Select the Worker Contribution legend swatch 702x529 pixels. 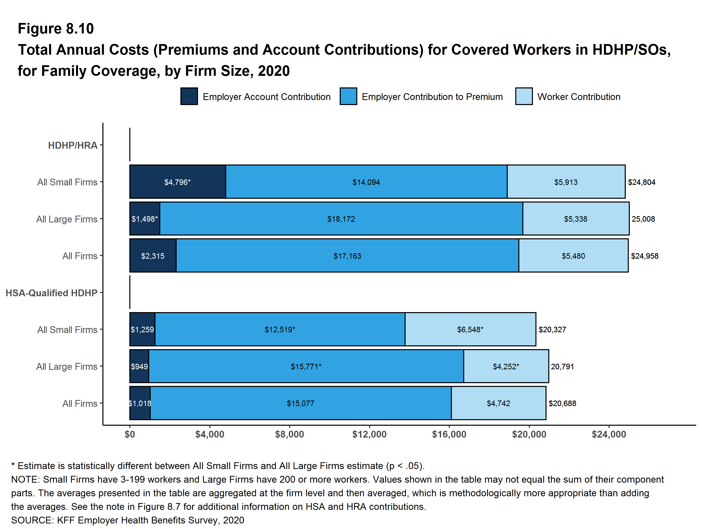(524, 96)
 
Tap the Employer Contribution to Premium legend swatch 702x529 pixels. (348, 96)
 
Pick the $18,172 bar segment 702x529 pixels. (341, 219)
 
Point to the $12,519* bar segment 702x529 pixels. (280, 329)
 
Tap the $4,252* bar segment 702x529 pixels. (506, 366)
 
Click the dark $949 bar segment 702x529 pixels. (139, 366)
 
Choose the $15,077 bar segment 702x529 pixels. (300, 403)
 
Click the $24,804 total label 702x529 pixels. (641, 182)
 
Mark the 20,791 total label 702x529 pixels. (562, 366)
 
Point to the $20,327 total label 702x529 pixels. (552, 329)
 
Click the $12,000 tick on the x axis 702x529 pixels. (369, 434)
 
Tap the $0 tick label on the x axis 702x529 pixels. (130, 434)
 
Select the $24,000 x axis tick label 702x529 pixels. (609, 434)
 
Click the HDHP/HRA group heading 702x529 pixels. (73, 145)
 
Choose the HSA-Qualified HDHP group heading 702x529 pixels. (51, 293)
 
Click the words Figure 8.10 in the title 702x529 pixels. (56, 29)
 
